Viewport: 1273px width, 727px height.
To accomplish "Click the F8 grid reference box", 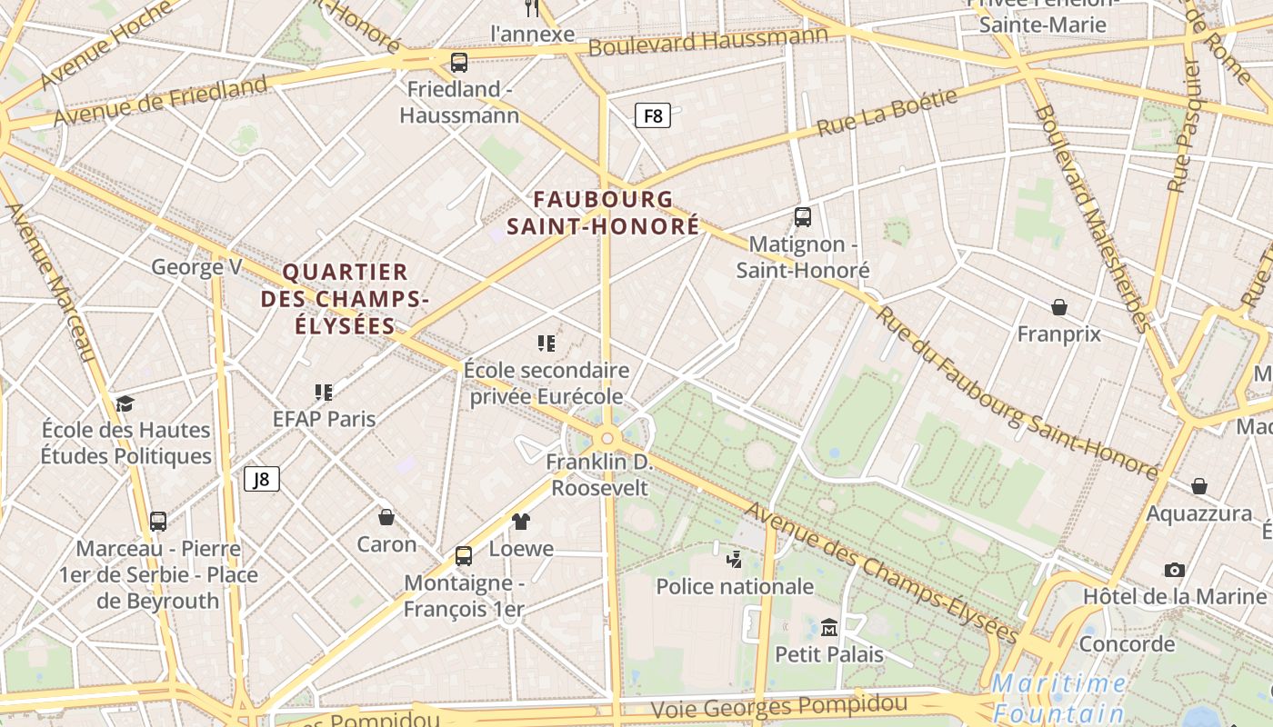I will [652, 115].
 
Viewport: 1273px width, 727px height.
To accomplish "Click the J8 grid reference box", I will [261, 479].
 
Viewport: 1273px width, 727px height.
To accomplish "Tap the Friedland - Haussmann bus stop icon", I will [459, 63].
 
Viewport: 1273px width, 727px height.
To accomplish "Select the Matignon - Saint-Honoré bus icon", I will [802, 217].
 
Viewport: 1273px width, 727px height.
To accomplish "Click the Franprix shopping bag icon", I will [1058, 307].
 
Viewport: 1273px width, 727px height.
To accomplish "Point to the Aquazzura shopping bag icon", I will [1199, 487].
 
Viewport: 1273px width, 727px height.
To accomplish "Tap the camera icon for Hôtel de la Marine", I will [1174, 570].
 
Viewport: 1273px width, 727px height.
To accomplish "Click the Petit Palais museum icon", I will [828, 628].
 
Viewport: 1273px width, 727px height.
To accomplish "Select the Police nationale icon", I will [734, 560].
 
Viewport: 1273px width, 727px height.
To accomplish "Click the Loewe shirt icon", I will [521, 522].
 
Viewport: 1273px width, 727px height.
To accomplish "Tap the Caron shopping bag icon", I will [386, 517].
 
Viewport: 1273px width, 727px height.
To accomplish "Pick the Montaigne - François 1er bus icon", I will [464, 555].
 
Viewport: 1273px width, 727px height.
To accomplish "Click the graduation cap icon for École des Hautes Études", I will [125, 403].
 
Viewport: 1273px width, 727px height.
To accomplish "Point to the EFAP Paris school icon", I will [324, 393].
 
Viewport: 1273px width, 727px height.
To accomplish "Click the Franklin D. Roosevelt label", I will [600, 475].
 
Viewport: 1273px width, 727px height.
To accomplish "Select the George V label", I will [196, 267].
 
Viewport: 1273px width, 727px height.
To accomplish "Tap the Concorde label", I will [1127, 644].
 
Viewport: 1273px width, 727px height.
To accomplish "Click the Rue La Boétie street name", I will [887, 113].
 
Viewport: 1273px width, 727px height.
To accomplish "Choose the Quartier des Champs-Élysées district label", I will [345, 298].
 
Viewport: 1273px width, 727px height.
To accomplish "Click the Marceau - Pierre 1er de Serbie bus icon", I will [158, 522].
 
